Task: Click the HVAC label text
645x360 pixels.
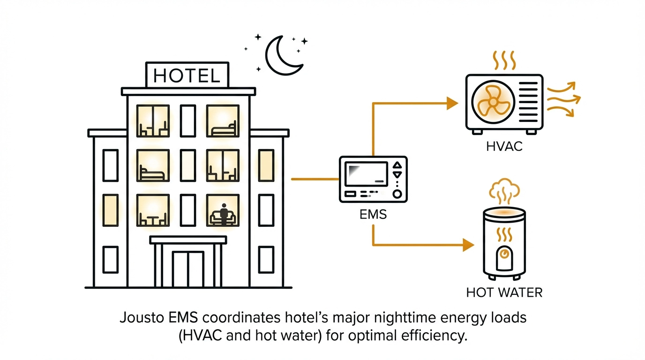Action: [x=504, y=147]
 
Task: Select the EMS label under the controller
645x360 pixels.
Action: [x=373, y=215]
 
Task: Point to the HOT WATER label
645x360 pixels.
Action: [x=504, y=293]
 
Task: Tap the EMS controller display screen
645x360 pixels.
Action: [x=366, y=174]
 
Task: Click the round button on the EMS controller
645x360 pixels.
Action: [x=397, y=194]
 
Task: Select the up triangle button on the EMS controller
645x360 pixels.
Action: [x=397, y=165]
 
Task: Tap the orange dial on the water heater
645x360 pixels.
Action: [x=504, y=254]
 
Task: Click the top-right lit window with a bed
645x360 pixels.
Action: [x=223, y=121]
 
